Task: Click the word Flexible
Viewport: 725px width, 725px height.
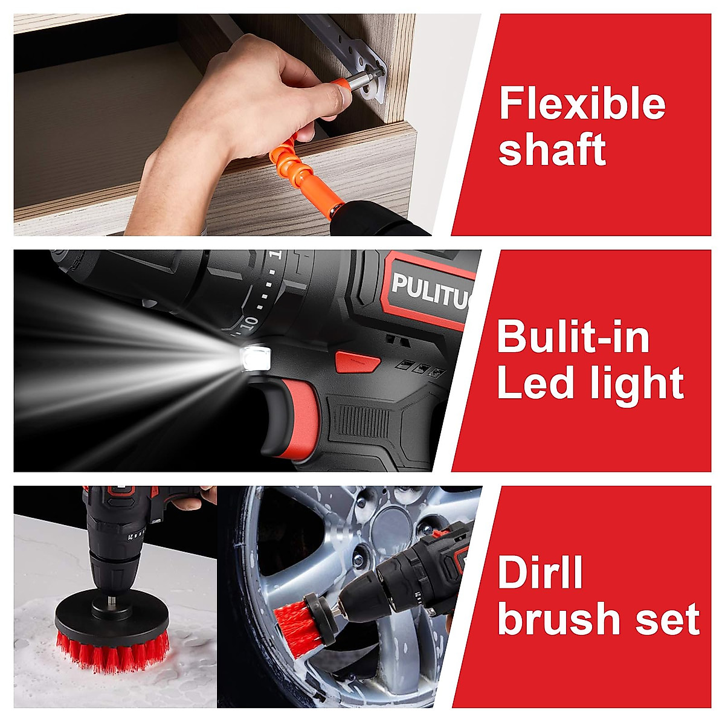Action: point(582,104)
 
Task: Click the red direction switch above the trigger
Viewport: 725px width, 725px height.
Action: point(357,362)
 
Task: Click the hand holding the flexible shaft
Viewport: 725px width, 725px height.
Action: point(242,97)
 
